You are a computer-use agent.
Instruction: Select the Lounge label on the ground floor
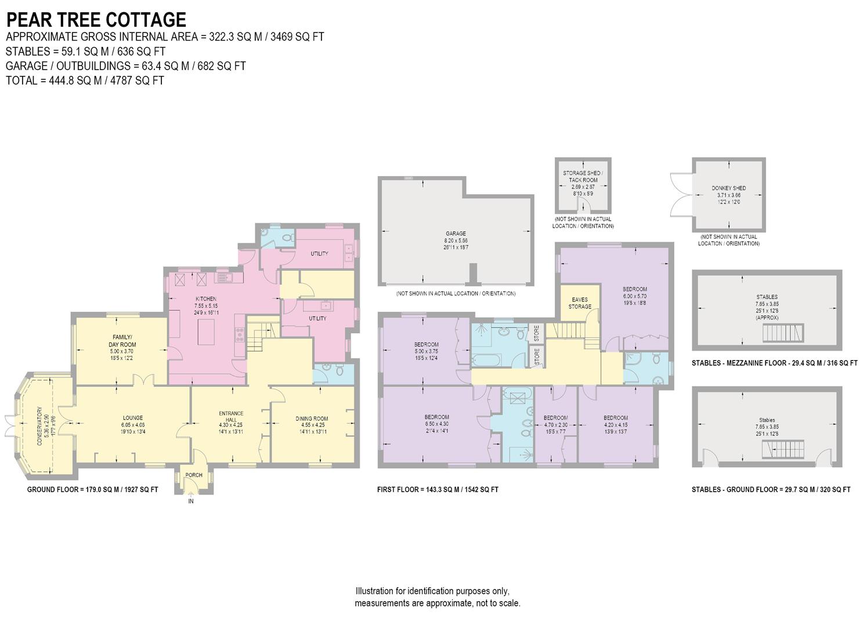click(x=132, y=418)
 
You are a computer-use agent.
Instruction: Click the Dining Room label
click(x=312, y=418)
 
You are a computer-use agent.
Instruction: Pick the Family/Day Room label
click(x=122, y=341)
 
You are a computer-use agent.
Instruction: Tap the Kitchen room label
click(x=205, y=299)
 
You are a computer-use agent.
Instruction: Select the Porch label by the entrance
click(x=194, y=475)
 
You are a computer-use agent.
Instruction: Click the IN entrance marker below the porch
click(x=190, y=501)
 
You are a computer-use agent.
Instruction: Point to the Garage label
click(x=456, y=234)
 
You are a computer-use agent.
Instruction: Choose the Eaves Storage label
click(x=580, y=303)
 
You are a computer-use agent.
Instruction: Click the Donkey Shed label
click(x=728, y=188)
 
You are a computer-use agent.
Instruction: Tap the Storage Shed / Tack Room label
click(x=583, y=177)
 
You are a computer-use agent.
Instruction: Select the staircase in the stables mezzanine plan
click(x=782, y=333)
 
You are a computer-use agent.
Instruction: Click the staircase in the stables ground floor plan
click(x=782, y=449)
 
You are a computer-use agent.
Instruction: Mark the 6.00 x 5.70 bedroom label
click(x=634, y=289)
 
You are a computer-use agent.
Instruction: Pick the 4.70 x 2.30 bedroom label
click(x=555, y=418)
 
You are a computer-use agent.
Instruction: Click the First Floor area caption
click(x=438, y=490)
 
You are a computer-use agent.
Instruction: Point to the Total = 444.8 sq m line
click(x=85, y=81)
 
